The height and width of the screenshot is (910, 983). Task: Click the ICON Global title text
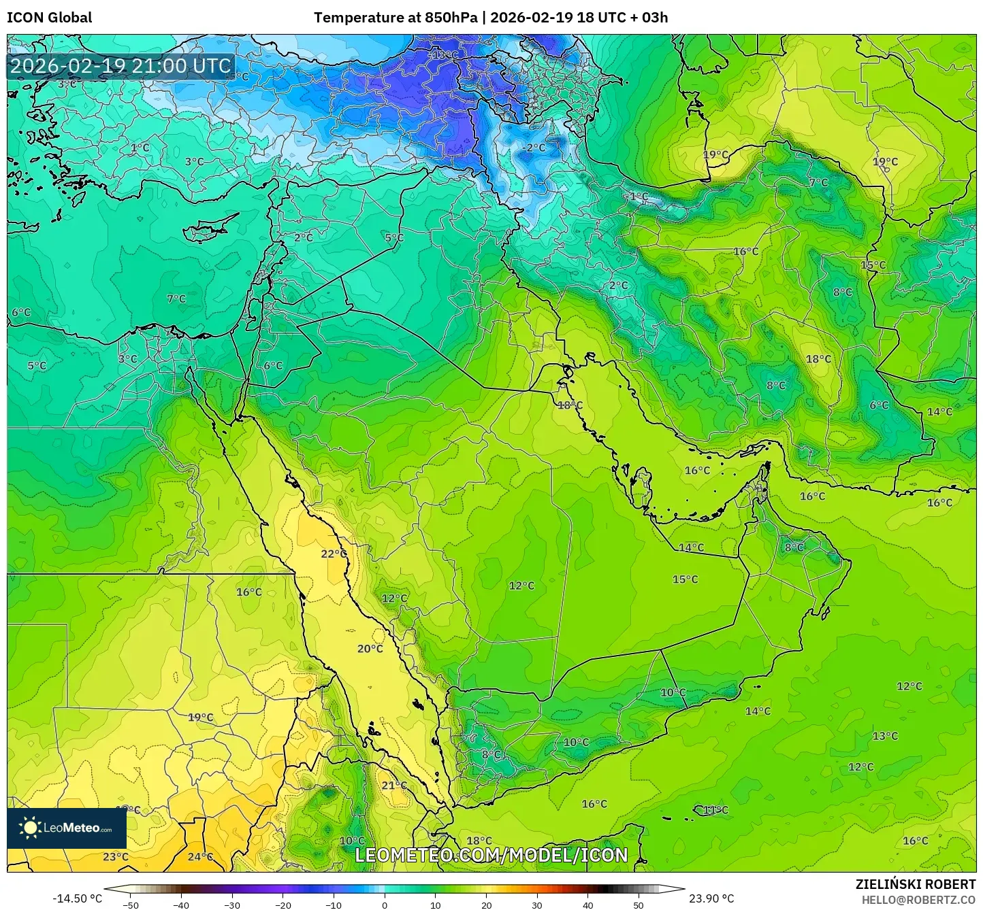pyautogui.click(x=49, y=18)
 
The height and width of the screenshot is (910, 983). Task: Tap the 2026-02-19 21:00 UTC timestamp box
pyautogui.click(x=120, y=66)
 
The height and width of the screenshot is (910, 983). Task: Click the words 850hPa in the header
pyautogui.click(x=451, y=18)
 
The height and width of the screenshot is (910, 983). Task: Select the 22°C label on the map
pyautogui.click(x=334, y=554)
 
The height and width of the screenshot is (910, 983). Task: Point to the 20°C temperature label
pyautogui.click(x=370, y=649)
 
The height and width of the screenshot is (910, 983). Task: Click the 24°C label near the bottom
pyautogui.click(x=200, y=856)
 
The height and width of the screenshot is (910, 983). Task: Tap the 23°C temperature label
pyautogui.click(x=116, y=856)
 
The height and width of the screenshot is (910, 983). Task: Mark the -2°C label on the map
pyautogui.click(x=534, y=148)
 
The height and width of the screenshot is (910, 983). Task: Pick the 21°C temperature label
pyautogui.click(x=394, y=786)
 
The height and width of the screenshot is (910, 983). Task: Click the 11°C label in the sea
pyautogui.click(x=715, y=810)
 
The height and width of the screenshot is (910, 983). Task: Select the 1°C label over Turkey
pyautogui.click(x=140, y=148)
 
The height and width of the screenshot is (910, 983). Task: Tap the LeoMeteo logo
pyautogui.click(x=67, y=828)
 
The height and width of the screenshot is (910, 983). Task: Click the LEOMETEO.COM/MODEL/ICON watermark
pyautogui.click(x=491, y=855)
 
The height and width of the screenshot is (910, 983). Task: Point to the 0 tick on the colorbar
pyautogui.click(x=385, y=905)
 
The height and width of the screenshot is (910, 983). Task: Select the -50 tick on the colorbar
pyautogui.click(x=130, y=905)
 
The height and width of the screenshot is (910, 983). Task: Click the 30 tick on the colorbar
pyautogui.click(x=537, y=905)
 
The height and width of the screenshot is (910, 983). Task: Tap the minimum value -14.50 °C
pyautogui.click(x=77, y=898)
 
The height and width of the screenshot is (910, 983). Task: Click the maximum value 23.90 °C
pyautogui.click(x=711, y=898)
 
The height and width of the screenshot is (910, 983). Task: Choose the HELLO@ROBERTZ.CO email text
pyautogui.click(x=918, y=899)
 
